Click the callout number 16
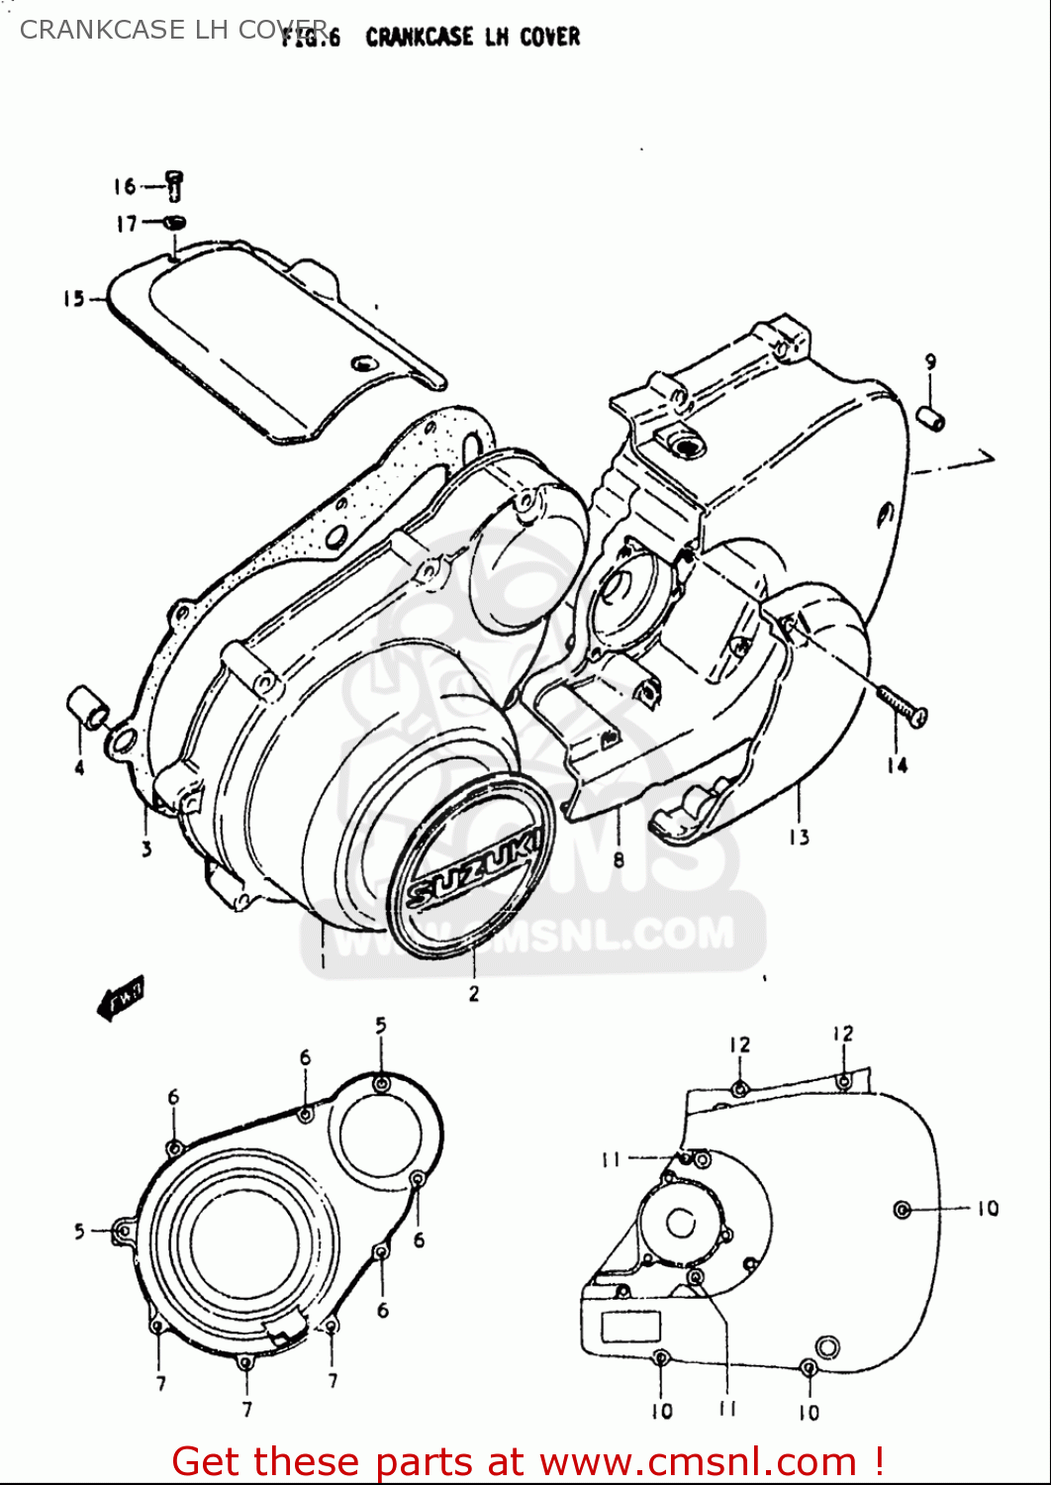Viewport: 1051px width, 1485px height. pos(124,186)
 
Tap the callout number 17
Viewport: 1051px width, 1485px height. pos(126,225)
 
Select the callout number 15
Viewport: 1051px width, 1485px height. pos(74,298)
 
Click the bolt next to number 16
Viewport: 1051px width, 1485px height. pos(174,185)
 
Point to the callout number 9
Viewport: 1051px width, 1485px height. pos(930,362)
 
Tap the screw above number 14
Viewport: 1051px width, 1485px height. pos(902,705)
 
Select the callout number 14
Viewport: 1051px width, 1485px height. pos(897,764)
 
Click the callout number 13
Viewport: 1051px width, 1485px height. pos(799,838)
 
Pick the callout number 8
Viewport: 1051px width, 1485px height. pos(619,859)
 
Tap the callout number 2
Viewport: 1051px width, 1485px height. pos(474,993)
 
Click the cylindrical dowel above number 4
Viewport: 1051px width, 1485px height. pos(87,707)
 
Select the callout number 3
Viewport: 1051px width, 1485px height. pos(146,848)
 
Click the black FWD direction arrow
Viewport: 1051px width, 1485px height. pos(121,997)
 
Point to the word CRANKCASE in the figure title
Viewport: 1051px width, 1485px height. pos(419,38)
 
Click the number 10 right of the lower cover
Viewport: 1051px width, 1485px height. pos(988,1208)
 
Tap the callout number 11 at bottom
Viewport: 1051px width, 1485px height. pos(727,1409)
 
